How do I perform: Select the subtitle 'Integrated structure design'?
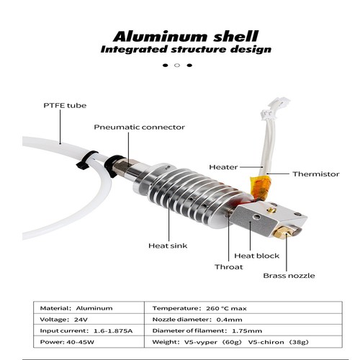click(x=186, y=50)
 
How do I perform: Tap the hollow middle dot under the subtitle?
click(x=177, y=66)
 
